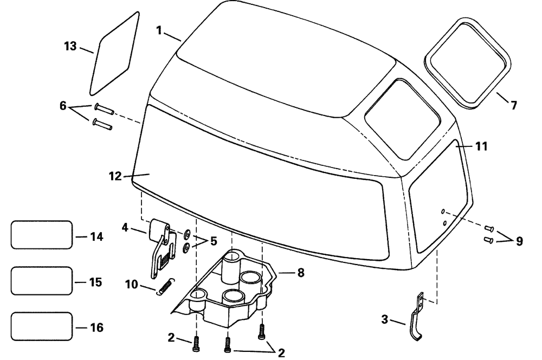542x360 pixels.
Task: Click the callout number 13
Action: (x=70, y=46)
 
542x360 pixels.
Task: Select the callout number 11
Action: (x=481, y=146)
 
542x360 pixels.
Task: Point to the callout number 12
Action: (x=115, y=176)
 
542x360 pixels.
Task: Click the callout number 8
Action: (x=300, y=273)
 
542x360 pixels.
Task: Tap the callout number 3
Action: (x=384, y=320)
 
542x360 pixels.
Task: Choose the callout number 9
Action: (x=519, y=241)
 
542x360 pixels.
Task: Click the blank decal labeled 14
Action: (x=41, y=235)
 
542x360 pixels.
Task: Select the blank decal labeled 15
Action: (x=41, y=280)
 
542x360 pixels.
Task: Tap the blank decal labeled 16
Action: (x=41, y=326)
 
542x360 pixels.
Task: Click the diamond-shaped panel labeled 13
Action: (x=114, y=53)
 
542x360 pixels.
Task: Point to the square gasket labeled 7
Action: (x=468, y=63)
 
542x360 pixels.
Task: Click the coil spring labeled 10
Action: (x=166, y=286)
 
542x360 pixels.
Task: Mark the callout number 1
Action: (x=159, y=31)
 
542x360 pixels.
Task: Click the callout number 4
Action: (x=125, y=227)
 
